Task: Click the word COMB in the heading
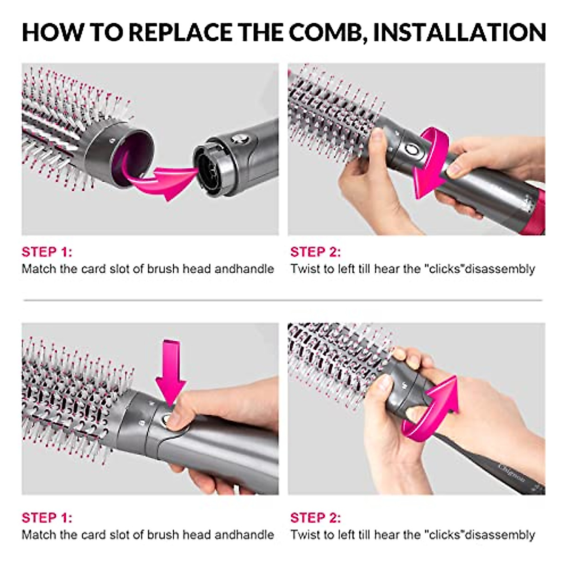click(x=327, y=32)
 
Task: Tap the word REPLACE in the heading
click(x=182, y=32)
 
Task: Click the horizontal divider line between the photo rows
click(x=283, y=300)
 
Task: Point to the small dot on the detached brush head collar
click(x=112, y=141)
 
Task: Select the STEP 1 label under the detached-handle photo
click(x=46, y=251)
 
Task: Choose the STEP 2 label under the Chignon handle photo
click(x=315, y=517)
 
